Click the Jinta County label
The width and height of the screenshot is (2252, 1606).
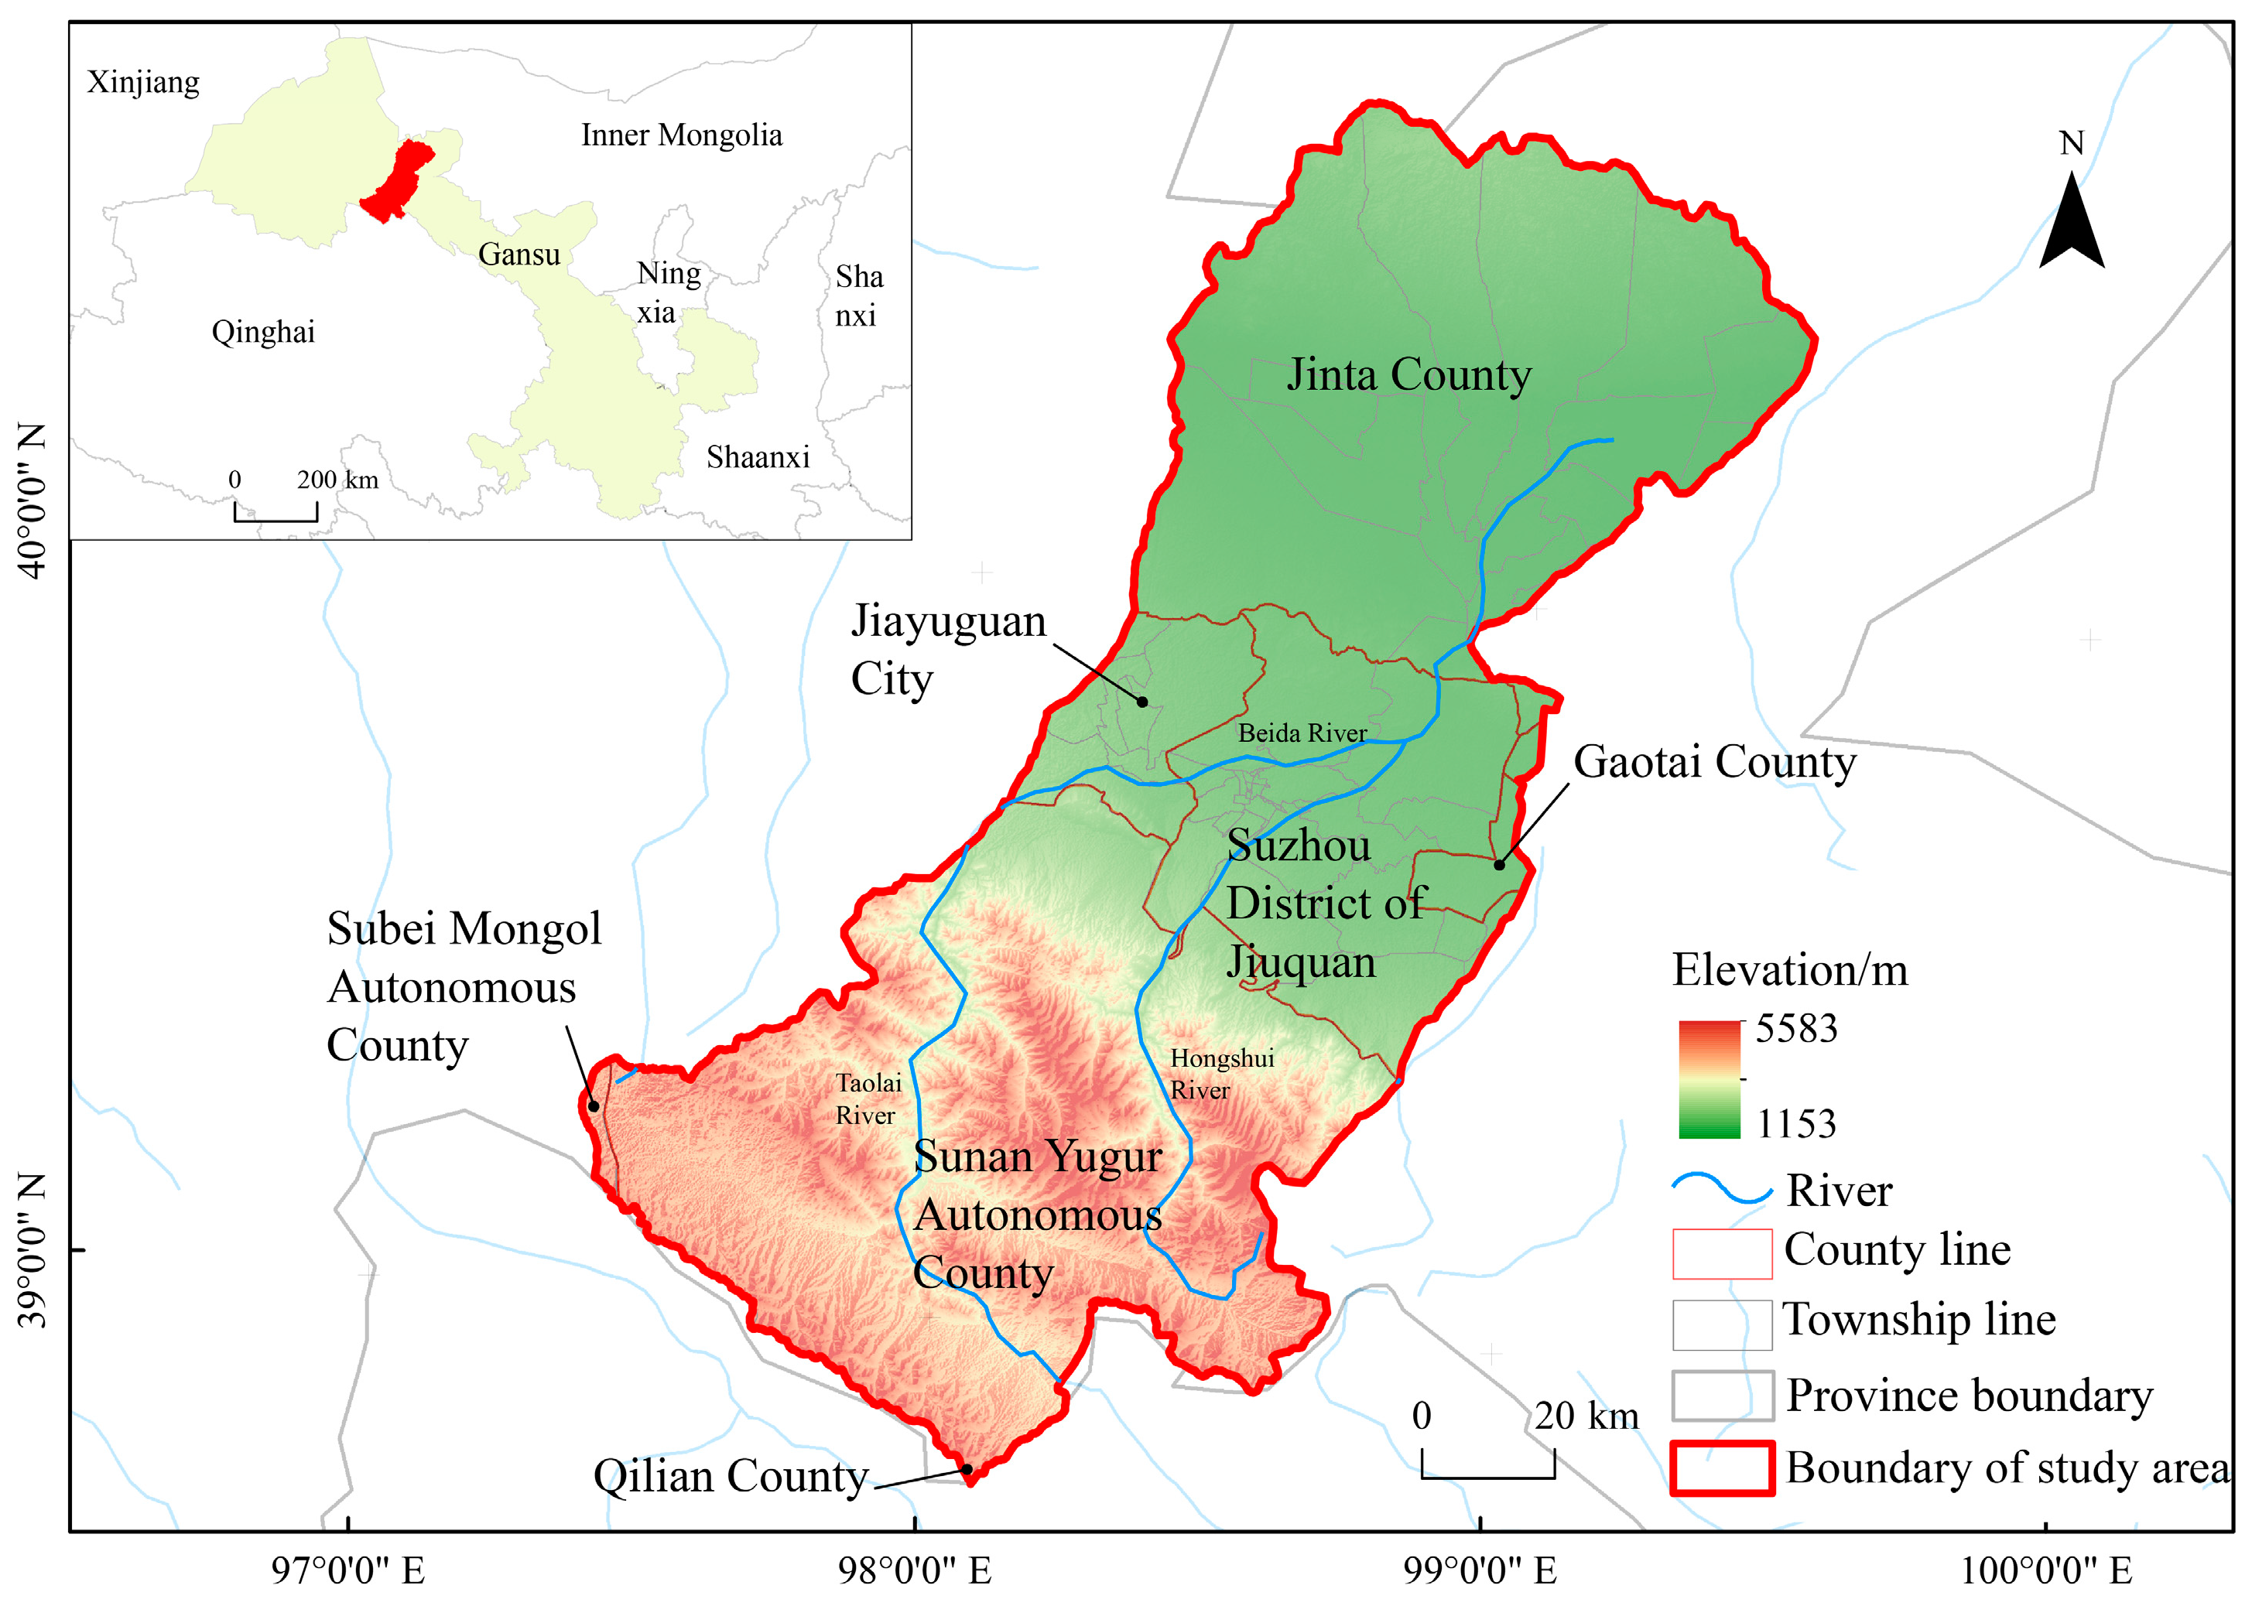pyautogui.click(x=1408, y=376)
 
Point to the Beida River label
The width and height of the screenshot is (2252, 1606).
pyautogui.click(x=1302, y=733)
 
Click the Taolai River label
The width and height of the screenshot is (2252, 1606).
pyautogui.click(x=868, y=1099)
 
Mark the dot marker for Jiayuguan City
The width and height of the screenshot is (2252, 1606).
pyautogui.click(x=1142, y=702)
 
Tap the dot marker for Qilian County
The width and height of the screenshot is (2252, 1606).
pyautogui.click(x=967, y=1470)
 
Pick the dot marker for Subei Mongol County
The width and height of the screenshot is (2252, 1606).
pyautogui.click(x=594, y=1105)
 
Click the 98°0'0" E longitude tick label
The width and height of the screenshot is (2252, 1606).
pyautogui.click(x=914, y=1570)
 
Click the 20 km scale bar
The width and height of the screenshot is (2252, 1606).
pyautogui.click(x=1487, y=1465)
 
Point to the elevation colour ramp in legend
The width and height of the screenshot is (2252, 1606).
pyautogui.click(x=1708, y=1079)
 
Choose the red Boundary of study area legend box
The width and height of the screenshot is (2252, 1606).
pyautogui.click(x=1721, y=1468)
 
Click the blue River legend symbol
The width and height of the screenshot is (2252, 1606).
pyautogui.click(x=1722, y=1189)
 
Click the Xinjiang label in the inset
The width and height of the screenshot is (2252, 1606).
pyautogui.click(x=143, y=82)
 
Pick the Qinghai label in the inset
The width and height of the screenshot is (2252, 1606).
pyautogui.click(x=263, y=333)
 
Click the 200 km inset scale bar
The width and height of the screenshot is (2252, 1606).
pyautogui.click(x=276, y=511)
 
